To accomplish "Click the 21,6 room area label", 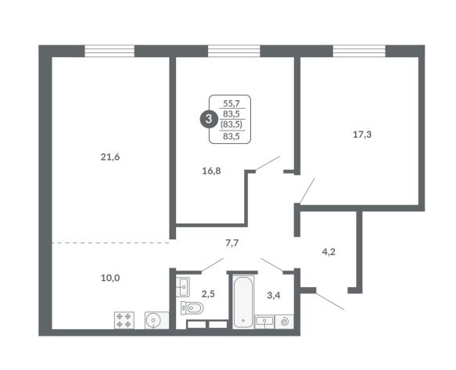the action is pyautogui.click(x=110, y=157).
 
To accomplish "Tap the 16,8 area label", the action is pyautogui.click(x=211, y=171).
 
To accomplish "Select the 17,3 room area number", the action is pyautogui.click(x=362, y=135).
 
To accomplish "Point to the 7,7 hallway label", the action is pyautogui.click(x=232, y=242).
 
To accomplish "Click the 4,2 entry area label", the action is pyautogui.click(x=329, y=252).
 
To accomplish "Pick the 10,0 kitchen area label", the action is pyautogui.click(x=110, y=278).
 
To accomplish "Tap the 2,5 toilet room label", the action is pyautogui.click(x=208, y=294).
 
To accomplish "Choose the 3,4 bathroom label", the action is pyautogui.click(x=274, y=296).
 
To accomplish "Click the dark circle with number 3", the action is pyautogui.click(x=209, y=119).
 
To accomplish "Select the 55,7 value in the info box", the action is pyautogui.click(x=232, y=103).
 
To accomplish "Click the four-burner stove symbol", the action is pyautogui.click(x=124, y=320).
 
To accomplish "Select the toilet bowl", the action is pyautogui.click(x=192, y=307).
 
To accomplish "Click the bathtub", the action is pyautogui.click(x=243, y=302).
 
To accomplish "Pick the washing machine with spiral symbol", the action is pyautogui.click(x=284, y=322).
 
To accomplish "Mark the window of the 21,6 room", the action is pyautogui.click(x=110, y=51).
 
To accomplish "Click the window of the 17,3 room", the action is pyautogui.click(x=359, y=51).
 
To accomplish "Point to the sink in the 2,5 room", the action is pyautogui.click(x=183, y=287).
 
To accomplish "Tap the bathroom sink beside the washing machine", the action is pyautogui.click(x=264, y=322).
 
